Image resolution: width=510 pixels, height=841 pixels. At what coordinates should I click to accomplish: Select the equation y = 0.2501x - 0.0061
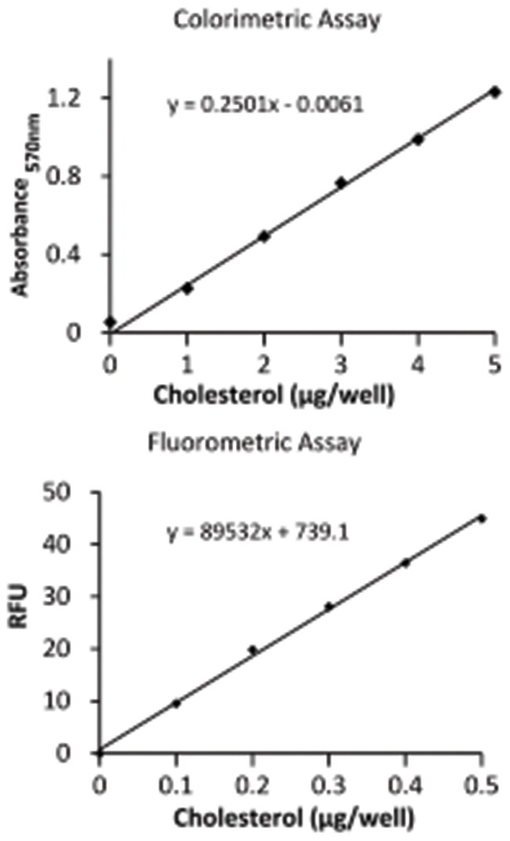(264, 104)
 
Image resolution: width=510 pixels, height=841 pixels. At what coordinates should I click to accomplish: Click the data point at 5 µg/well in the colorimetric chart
(494, 92)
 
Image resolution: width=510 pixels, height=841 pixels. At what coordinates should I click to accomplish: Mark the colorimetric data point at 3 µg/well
(341, 182)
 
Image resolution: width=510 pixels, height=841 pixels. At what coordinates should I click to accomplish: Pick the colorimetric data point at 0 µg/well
(111, 322)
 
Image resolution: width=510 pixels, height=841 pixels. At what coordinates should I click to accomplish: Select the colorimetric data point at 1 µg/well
(187, 288)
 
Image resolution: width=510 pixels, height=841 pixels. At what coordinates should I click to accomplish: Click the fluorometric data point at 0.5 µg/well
(482, 518)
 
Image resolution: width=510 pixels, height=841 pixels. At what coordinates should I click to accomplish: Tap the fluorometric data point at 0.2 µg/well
(253, 649)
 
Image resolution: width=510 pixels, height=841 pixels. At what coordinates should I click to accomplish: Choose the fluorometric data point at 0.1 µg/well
(176, 703)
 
